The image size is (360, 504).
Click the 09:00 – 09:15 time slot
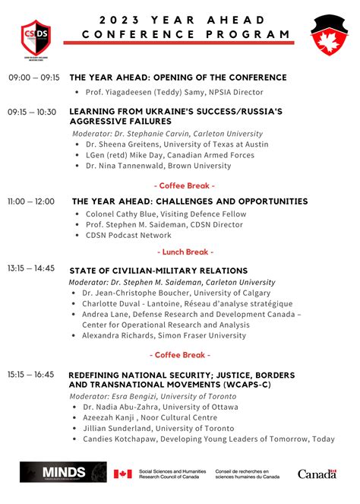(34, 78)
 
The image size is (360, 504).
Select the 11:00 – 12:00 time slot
(31, 201)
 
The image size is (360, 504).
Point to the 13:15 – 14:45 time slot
(31, 268)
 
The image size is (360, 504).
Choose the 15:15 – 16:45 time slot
(31, 375)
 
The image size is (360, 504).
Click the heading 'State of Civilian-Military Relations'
(158, 271)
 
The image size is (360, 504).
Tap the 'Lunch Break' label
(185, 252)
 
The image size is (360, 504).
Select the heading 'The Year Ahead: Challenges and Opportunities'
(190, 202)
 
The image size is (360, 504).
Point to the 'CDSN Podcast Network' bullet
(128, 236)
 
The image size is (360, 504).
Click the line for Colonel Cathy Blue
(166, 214)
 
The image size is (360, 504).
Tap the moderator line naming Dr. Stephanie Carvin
(168, 133)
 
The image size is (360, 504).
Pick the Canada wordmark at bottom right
(317, 474)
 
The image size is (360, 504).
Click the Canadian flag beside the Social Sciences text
(122, 474)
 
